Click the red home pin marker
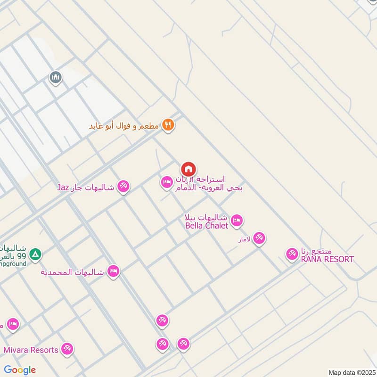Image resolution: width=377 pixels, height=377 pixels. pos(188,169)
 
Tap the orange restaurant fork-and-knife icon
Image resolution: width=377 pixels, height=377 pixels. pos(168,125)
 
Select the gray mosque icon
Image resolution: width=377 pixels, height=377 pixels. pos(56,77)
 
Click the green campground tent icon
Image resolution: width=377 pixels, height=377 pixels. pos(35,255)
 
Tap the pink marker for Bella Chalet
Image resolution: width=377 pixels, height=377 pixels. pos(237,220)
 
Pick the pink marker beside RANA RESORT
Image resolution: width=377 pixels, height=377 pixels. pos(292,254)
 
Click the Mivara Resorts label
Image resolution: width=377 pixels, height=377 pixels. pos(31,350)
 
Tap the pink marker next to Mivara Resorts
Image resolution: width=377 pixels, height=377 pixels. pos(67,349)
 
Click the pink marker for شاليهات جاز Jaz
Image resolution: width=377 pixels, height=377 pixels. pos(123,186)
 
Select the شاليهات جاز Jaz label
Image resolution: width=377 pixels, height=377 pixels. pos(86,187)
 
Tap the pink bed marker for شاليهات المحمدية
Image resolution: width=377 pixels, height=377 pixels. pos(113,271)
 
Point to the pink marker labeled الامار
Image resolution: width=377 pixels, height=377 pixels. pos(259,238)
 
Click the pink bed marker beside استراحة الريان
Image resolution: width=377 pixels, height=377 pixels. pos(166,182)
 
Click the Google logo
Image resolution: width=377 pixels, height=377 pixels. pos(20,370)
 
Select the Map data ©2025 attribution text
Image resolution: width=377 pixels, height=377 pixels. pos(351,373)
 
